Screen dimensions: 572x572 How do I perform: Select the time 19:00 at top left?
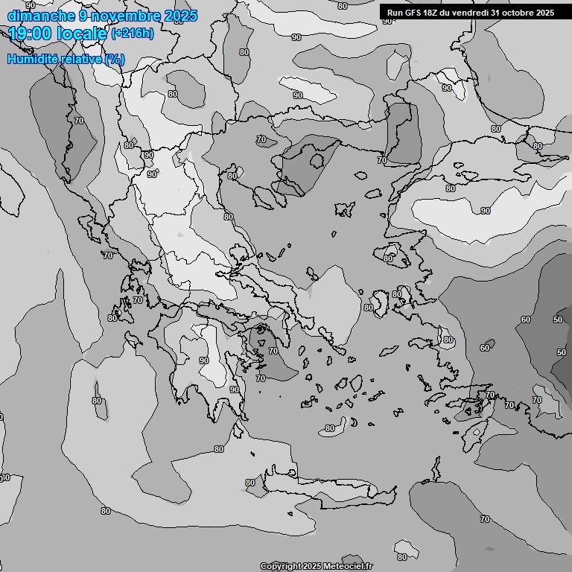tap(33, 34)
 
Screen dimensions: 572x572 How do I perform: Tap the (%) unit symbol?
tap(115, 59)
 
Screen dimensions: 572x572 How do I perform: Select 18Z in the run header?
tap(432, 13)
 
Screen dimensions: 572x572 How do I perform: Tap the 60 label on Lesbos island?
tap(388, 258)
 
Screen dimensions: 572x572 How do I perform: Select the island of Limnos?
tap(344, 209)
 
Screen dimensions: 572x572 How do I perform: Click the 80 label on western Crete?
tap(250, 483)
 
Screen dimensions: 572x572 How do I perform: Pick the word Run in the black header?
tap(394, 13)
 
